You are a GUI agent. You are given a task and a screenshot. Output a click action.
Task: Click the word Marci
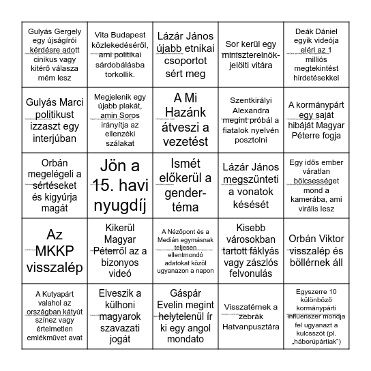click(x=66, y=102)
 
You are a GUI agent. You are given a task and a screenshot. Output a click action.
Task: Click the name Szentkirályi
click(x=248, y=99)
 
